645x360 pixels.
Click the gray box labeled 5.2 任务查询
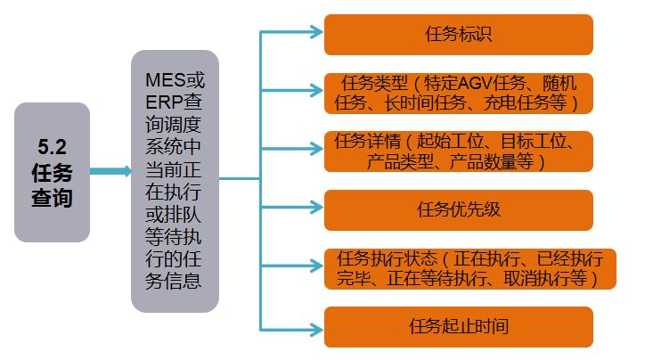53,172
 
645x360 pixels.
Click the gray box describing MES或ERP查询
175,181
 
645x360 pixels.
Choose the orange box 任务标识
459,35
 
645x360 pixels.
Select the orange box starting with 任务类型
459,93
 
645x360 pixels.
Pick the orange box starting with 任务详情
459,151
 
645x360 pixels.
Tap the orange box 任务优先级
459,209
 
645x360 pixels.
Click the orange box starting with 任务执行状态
459,268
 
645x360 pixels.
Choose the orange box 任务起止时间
459,326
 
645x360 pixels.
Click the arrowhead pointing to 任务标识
315,32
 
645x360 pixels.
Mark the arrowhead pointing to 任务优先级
315,208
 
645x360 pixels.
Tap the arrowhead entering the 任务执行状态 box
315,266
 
